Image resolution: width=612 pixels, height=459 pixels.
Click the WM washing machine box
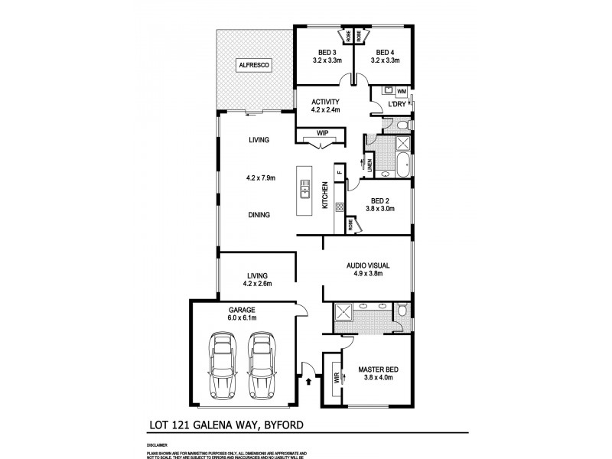(402, 92)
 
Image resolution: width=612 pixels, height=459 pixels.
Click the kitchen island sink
(304, 188)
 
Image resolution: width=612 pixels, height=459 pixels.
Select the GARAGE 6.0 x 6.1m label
(241, 313)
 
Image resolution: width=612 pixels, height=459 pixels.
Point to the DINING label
(259, 215)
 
